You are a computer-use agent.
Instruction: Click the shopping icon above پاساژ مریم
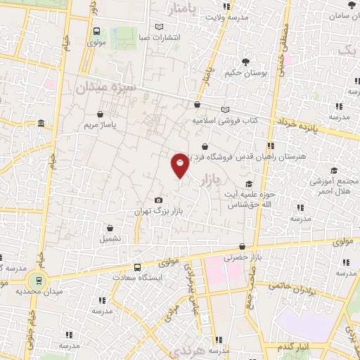pos(101,113)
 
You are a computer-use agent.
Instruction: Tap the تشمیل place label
pos(110,238)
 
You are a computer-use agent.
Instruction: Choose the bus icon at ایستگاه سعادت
pos(137,267)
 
